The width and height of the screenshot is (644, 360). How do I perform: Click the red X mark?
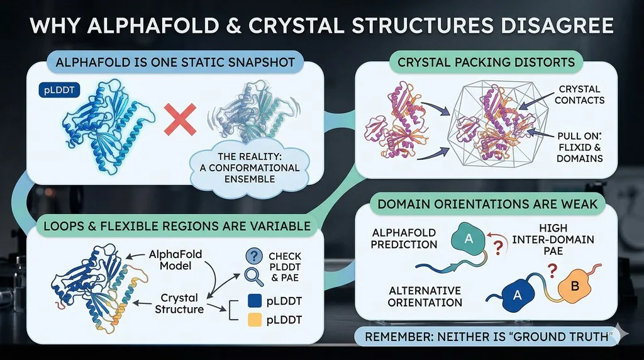point(180,119)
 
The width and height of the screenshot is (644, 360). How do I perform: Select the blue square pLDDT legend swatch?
point(255,301)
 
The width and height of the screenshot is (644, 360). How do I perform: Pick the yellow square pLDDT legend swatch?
point(255,320)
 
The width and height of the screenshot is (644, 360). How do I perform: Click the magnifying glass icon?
point(254,276)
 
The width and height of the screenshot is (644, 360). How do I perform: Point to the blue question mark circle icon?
point(254,256)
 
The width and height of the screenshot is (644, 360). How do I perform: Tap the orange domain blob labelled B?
point(575,286)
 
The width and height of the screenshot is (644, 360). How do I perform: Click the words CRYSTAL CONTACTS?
point(579,94)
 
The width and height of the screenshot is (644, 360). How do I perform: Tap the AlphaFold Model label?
point(175,260)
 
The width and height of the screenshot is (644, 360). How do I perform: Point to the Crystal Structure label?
point(179,303)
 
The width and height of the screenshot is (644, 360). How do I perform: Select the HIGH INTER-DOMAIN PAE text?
point(553,239)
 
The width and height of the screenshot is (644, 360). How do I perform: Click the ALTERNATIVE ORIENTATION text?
point(425,296)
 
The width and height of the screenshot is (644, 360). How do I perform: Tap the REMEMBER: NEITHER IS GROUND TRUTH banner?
point(486,337)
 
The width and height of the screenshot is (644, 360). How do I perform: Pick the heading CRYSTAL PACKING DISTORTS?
point(486,62)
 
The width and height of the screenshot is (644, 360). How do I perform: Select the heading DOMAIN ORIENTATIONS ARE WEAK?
point(487,204)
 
